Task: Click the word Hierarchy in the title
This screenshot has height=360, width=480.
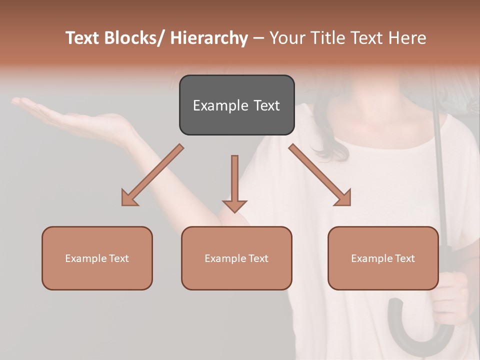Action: [x=209, y=38]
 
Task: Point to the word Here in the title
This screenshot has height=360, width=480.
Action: [x=407, y=38]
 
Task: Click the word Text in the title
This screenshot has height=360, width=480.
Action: [x=83, y=38]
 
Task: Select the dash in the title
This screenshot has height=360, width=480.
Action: [x=258, y=38]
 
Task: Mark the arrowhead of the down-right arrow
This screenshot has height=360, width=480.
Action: [x=344, y=198]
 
